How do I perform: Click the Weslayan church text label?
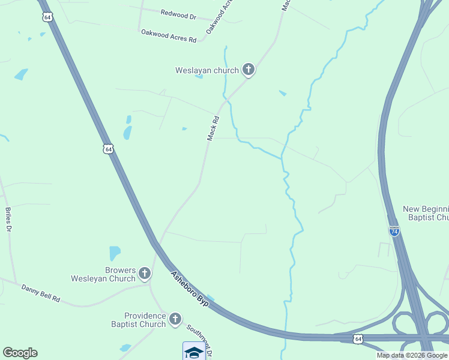point(206,70)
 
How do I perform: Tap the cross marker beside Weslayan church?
point(249,70)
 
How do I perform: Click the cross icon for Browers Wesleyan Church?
point(144,274)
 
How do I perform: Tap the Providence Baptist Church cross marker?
point(175,320)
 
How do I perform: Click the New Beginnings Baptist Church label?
point(426,213)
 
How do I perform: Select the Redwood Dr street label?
point(178,14)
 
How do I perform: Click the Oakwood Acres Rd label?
point(169,35)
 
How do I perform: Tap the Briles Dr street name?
point(8,220)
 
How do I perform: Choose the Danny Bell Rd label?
point(41,293)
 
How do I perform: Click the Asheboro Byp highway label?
point(189,289)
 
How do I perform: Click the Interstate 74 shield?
point(394,231)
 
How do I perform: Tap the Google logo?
point(20,353)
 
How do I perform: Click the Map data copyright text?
point(412,355)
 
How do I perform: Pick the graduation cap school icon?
point(194,352)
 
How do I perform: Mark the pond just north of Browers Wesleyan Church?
point(115,253)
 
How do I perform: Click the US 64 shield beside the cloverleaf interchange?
point(358,339)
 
